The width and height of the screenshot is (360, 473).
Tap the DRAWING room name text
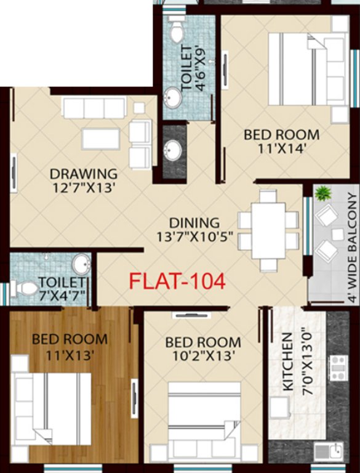[84, 173]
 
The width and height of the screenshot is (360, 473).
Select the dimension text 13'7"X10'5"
[194, 236]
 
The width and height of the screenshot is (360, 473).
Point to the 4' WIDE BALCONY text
[351, 246]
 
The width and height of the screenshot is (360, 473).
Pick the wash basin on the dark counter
[174, 149]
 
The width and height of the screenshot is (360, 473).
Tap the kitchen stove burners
[338, 368]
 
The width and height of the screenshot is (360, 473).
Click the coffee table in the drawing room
[100, 139]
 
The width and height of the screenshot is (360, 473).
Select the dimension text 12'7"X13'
[84, 188]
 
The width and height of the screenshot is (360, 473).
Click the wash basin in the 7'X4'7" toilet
[81, 264]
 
